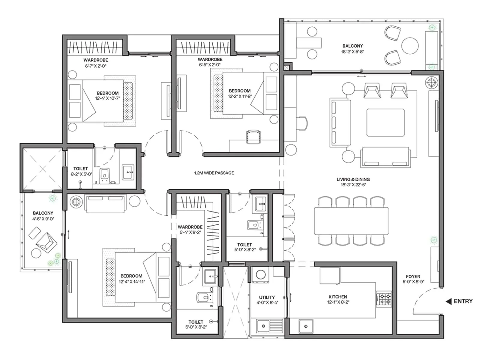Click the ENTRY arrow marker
coord(449,301)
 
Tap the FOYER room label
coord(413,277)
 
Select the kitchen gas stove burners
coord(384,299)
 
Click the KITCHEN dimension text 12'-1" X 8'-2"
coord(338,302)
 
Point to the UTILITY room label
coord(267,297)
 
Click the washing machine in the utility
coord(260,275)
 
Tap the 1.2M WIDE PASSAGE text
coord(214,173)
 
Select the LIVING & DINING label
coord(353,179)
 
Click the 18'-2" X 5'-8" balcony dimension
coord(352,52)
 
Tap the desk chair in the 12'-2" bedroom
coord(253,137)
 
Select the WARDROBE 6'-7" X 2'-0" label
coord(96,60)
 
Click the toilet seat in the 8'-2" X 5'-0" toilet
coord(104,175)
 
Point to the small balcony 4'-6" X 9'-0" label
coord(43,213)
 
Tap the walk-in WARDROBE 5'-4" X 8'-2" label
coord(190,227)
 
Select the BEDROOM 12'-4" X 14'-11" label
coord(131,276)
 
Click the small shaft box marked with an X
coord(286,68)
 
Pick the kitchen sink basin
coord(306,326)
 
